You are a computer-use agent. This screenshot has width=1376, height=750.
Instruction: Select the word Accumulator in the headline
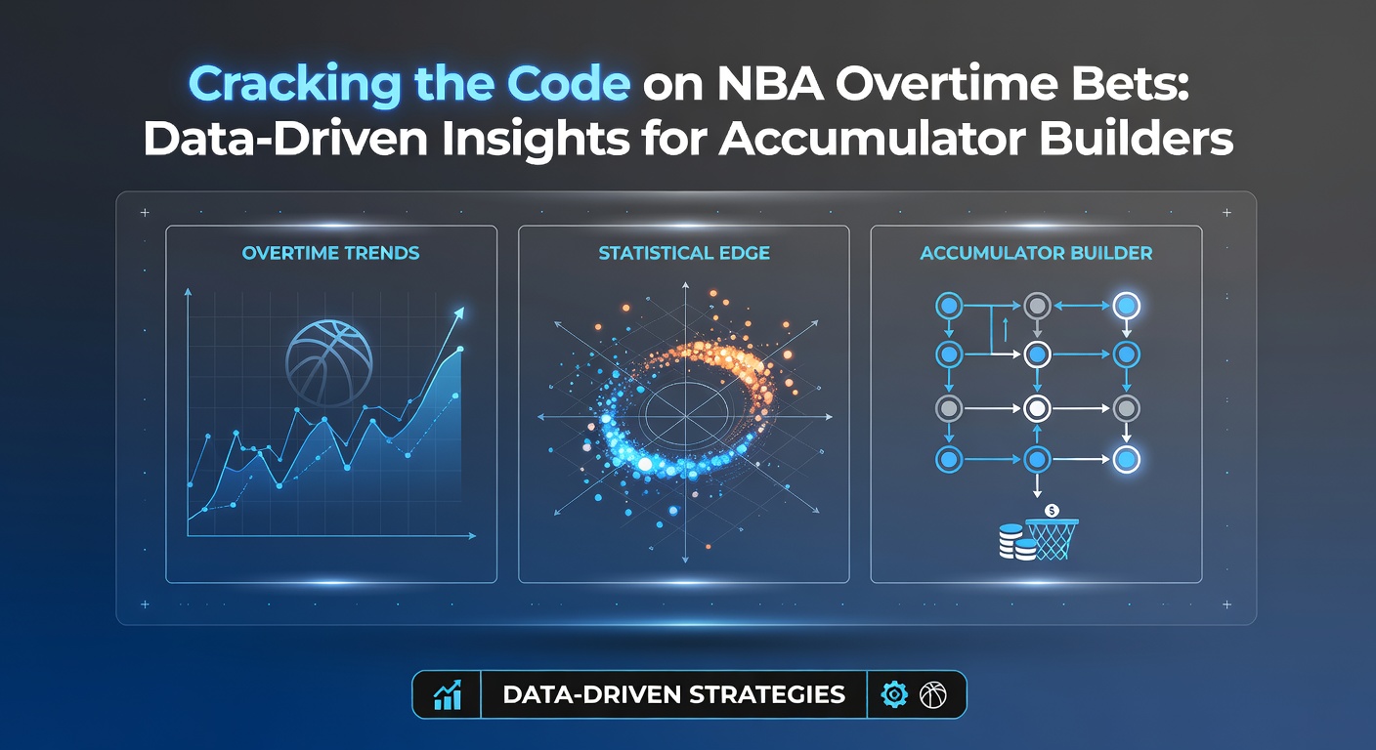click(873, 139)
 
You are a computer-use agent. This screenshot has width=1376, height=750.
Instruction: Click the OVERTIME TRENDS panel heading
click(330, 253)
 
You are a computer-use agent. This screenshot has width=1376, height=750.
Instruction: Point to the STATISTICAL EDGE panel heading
click(684, 253)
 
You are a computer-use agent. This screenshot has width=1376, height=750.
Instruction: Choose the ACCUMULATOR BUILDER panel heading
click(1036, 253)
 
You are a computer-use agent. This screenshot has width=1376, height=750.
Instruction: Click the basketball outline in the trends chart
click(329, 362)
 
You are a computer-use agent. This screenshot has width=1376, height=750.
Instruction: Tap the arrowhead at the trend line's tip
click(458, 313)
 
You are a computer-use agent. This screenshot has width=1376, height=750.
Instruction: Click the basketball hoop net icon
click(1053, 539)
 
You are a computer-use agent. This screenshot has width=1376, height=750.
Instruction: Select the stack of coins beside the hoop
click(1016, 542)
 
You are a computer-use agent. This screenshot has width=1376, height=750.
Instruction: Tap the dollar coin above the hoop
click(1052, 511)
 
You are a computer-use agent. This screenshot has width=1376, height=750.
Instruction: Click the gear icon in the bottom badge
click(894, 694)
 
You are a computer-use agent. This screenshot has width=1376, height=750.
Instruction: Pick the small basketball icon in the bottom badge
click(933, 694)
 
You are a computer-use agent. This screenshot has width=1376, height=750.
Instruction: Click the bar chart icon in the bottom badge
click(448, 694)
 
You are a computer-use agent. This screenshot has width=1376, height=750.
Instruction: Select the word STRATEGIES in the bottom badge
click(767, 694)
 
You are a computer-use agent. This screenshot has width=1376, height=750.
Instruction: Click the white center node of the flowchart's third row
click(1037, 408)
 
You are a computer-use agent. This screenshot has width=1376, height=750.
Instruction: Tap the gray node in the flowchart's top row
click(1037, 306)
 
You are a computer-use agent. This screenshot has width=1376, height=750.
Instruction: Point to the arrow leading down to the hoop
click(1037, 484)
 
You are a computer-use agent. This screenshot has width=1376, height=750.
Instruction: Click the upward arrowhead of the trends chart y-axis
click(188, 292)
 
